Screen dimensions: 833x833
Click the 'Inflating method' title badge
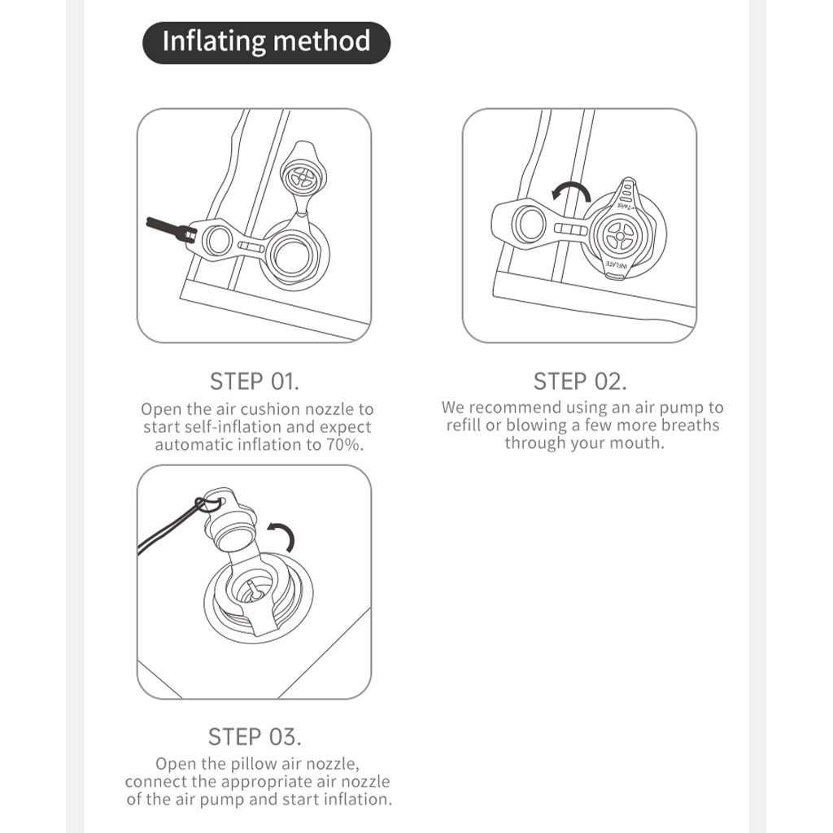coord(266,42)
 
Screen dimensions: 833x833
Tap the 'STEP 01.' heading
coord(255,382)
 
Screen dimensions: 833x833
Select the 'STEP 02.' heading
coord(580,382)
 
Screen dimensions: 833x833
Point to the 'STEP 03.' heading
coord(255,737)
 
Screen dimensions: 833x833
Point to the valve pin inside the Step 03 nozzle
coord(253,590)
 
